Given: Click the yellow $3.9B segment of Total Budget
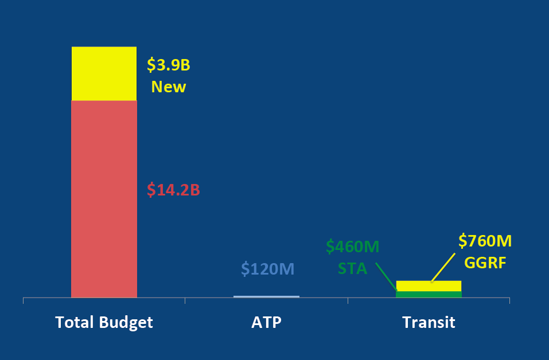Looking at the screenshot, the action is click(x=104, y=73).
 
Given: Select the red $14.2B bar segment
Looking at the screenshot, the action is click(x=104, y=199).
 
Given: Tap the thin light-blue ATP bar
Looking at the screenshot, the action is click(x=266, y=297).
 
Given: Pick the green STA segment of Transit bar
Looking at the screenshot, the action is click(x=429, y=294).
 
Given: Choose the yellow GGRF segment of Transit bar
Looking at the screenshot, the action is click(x=429, y=286).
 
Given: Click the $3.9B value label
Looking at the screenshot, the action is click(x=169, y=65).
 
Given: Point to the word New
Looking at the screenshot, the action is click(x=169, y=87).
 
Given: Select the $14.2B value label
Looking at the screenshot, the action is click(x=173, y=190).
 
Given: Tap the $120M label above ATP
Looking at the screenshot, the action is click(x=268, y=269).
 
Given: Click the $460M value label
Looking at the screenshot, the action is click(x=353, y=246).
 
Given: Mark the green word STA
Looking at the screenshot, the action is click(x=353, y=269).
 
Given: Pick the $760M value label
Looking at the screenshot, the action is click(x=485, y=241).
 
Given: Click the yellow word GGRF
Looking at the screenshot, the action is click(x=485, y=263).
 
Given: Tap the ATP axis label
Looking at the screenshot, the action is click(x=266, y=322).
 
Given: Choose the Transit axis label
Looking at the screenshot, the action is click(x=429, y=322).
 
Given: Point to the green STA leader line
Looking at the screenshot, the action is click(x=387, y=277).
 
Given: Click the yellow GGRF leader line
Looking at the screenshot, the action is click(x=443, y=268).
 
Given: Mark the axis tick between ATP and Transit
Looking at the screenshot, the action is click(x=348, y=300).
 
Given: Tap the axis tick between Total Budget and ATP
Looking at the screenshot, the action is click(x=185, y=300).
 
